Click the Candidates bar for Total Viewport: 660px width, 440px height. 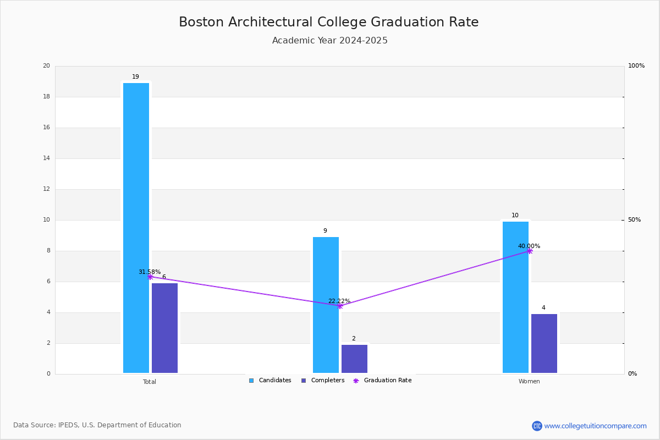coord(136,228)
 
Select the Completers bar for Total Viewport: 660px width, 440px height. coord(164,328)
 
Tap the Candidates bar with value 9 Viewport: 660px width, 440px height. coord(326,305)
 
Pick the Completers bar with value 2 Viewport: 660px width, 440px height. coord(354,359)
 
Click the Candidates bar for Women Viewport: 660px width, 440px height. coord(515,297)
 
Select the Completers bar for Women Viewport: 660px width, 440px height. coord(544,343)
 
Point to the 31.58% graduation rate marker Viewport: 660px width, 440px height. coord(150,277)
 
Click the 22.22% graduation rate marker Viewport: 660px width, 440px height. coord(340,306)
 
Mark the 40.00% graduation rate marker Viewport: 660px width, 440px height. coord(530,251)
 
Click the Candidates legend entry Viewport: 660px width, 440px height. coord(270,381)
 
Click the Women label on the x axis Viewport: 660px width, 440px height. coord(529,382)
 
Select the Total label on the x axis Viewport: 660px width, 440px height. coord(150,382)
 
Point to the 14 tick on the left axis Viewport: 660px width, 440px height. coord(46,158)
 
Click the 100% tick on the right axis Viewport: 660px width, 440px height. coord(636,66)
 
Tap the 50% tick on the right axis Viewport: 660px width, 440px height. coord(634,220)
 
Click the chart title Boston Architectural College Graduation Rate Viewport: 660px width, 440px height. coord(329,22)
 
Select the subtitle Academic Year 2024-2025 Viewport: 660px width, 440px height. coord(330,41)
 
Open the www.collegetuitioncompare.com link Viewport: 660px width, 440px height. coord(595,426)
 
